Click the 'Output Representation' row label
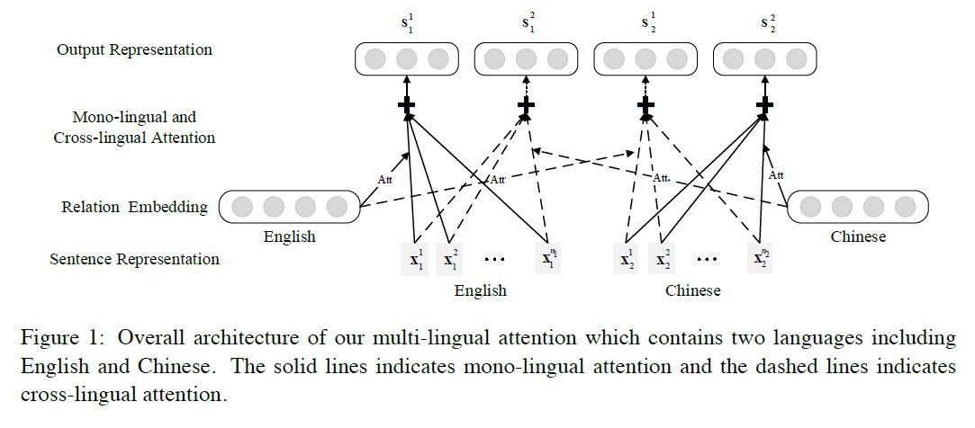134,49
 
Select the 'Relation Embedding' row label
134,207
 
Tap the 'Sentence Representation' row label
134,259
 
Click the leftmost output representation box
407,59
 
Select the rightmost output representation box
764,59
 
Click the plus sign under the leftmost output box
407,106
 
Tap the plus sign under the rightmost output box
764,106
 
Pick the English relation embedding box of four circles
288,207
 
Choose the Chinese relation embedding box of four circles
858,207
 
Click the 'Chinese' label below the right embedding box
857,236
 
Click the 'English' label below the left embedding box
289,237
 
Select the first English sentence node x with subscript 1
417,260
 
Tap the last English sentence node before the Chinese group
548,259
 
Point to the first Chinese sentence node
627,260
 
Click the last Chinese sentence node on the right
761,259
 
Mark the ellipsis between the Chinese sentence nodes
707,260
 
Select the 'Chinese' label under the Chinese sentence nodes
692,290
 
